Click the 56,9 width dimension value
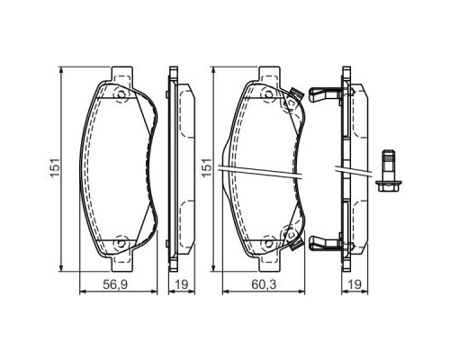[115, 284]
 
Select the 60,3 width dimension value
[264, 284]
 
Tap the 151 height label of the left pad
[56, 167]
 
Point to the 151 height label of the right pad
[207, 167]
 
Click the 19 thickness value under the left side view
[182, 284]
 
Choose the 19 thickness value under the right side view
[355, 284]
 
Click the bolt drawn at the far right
[389, 170]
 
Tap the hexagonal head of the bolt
[389, 186]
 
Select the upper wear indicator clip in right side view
[325, 94]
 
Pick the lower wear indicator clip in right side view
[325, 242]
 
